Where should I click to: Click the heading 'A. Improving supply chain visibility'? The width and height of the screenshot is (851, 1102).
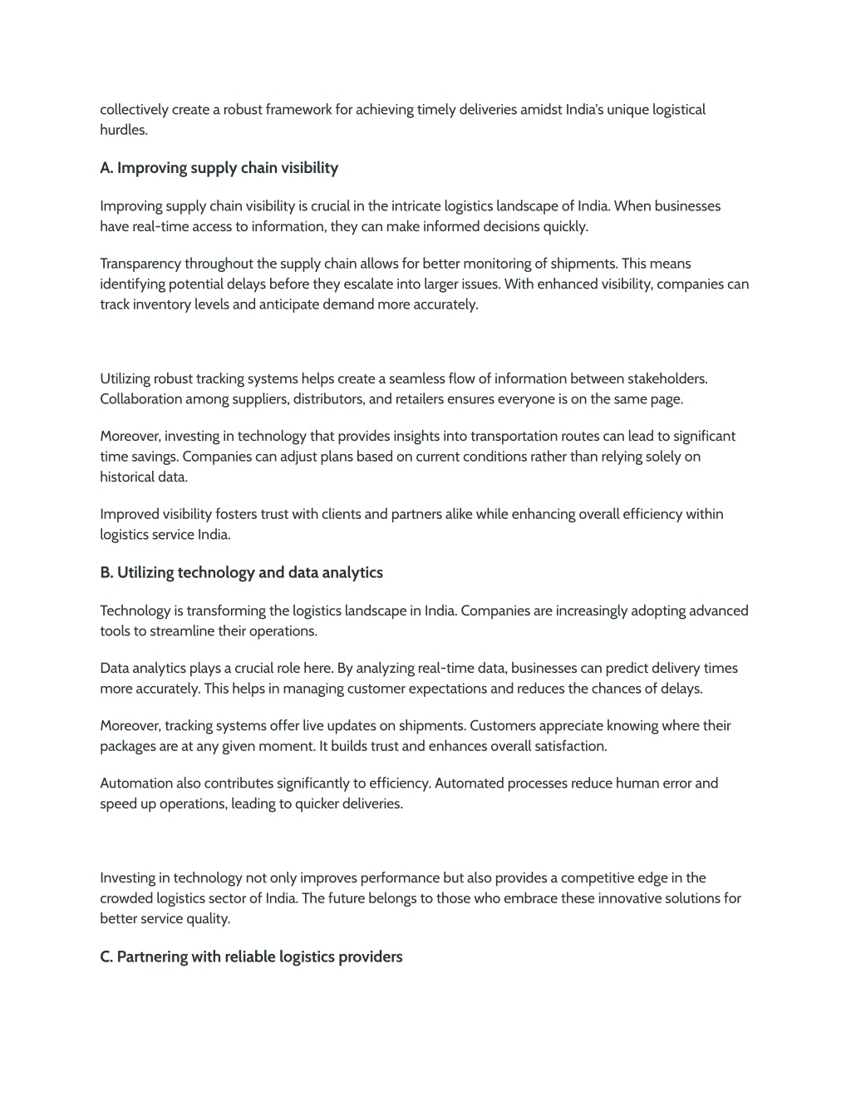219,168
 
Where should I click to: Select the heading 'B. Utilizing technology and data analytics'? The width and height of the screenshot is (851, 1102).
241,572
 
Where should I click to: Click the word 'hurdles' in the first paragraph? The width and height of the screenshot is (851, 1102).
122,130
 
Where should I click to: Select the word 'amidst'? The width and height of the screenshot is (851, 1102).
541,110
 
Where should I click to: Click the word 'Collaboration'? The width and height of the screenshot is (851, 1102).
140,399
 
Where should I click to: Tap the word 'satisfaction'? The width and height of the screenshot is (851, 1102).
570,746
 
